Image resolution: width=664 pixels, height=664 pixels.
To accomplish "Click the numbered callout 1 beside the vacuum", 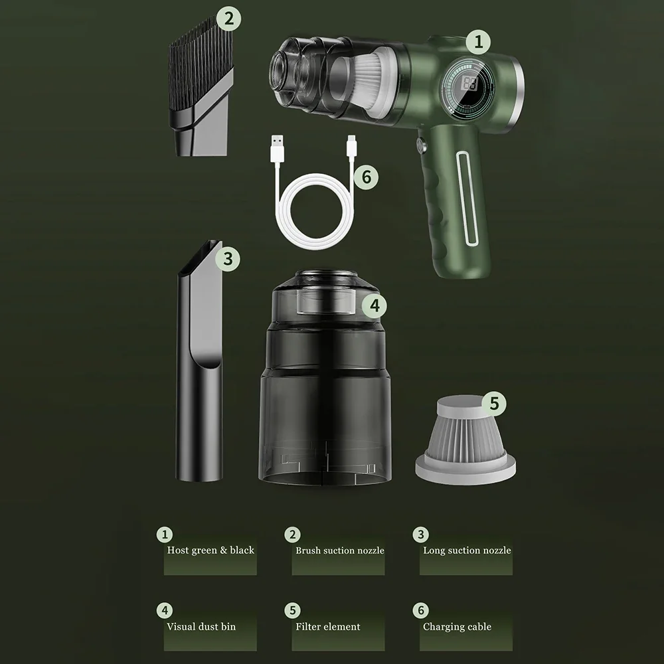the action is click(x=479, y=42).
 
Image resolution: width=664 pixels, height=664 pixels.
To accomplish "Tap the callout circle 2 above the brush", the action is click(x=228, y=19).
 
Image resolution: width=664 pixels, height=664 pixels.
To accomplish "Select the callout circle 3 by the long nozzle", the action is click(x=228, y=259).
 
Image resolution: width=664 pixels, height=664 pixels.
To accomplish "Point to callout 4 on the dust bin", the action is click(x=374, y=305).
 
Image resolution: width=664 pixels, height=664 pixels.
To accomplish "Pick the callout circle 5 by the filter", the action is click(x=494, y=403).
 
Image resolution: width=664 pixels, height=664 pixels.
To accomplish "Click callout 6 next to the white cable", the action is click(x=367, y=177).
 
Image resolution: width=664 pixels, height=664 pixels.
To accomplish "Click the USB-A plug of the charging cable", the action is click(x=277, y=148).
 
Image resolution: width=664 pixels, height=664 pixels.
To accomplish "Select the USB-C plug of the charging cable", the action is click(x=351, y=147).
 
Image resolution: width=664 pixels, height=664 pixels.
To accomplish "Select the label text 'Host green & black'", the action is click(x=210, y=550).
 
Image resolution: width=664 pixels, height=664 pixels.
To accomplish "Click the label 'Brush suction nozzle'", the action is click(x=339, y=550).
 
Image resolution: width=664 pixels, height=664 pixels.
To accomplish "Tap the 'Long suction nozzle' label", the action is click(x=467, y=550).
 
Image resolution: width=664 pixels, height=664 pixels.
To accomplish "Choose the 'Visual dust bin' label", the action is click(x=201, y=627).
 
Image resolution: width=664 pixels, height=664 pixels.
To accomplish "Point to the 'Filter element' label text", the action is click(x=328, y=627).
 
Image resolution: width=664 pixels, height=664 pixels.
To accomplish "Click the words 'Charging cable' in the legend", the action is click(x=457, y=627).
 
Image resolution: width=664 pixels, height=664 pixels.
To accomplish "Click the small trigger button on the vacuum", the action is click(x=421, y=145).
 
